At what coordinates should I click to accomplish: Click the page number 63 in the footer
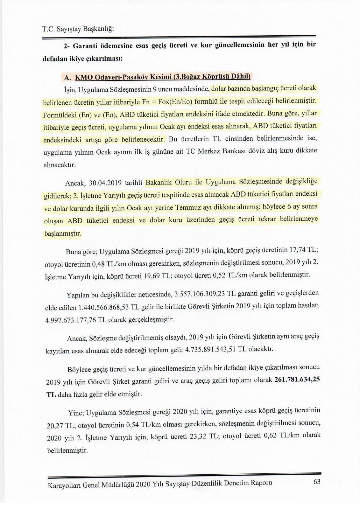tap(317, 482)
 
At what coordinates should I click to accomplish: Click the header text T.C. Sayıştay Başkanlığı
tap(78, 29)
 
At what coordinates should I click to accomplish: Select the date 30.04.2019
tap(104, 183)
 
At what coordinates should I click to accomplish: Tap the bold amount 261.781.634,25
tap(297, 379)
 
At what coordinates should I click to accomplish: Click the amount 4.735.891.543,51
tap(210, 350)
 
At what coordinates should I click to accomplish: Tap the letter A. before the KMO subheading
tap(67, 78)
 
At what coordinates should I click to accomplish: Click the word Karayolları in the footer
tap(64, 485)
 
